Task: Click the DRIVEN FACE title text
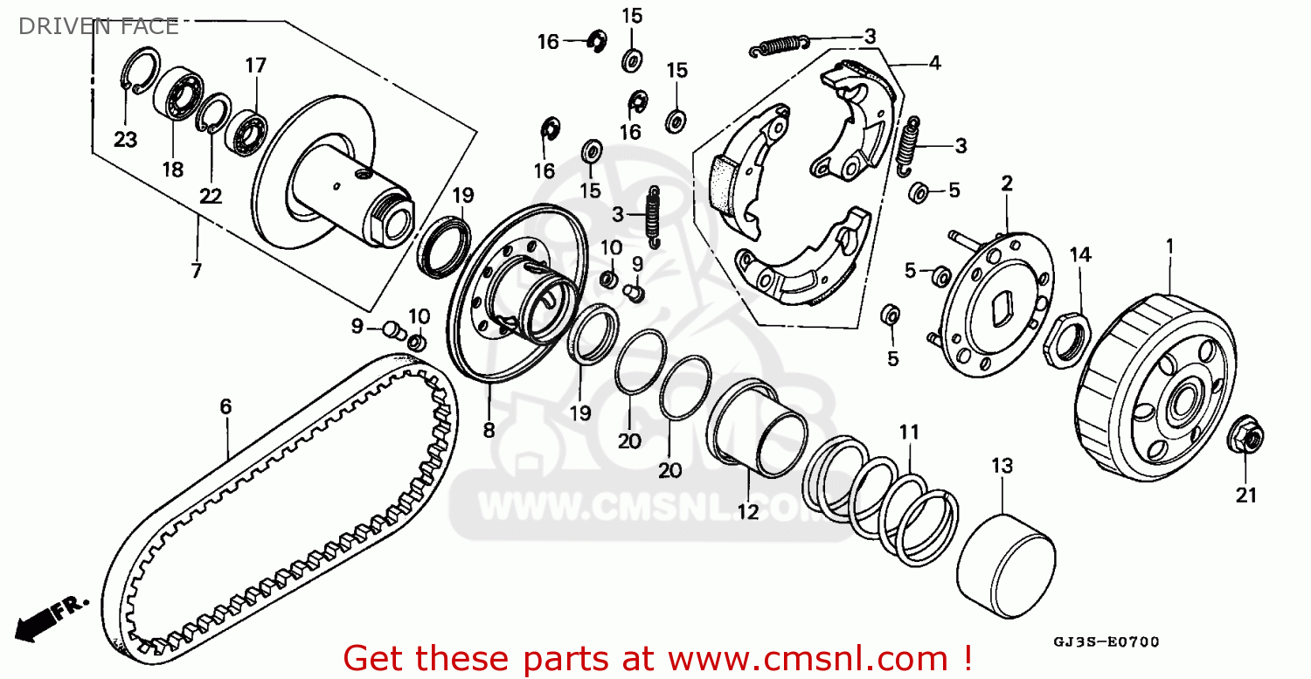click(98, 26)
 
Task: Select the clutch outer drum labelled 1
click(1156, 388)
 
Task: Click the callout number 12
click(748, 512)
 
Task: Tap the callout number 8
click(489, 430)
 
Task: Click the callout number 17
click(255, 65)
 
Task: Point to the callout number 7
click(196, 270)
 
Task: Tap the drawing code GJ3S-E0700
click(1106, 642)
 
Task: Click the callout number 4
click(934, 63)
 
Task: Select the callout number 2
click(1007, 184)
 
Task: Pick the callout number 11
click(909, 432)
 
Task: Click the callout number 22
click(211, 196)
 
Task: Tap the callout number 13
click(1002, 466)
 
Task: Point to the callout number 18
click(173, 170)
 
